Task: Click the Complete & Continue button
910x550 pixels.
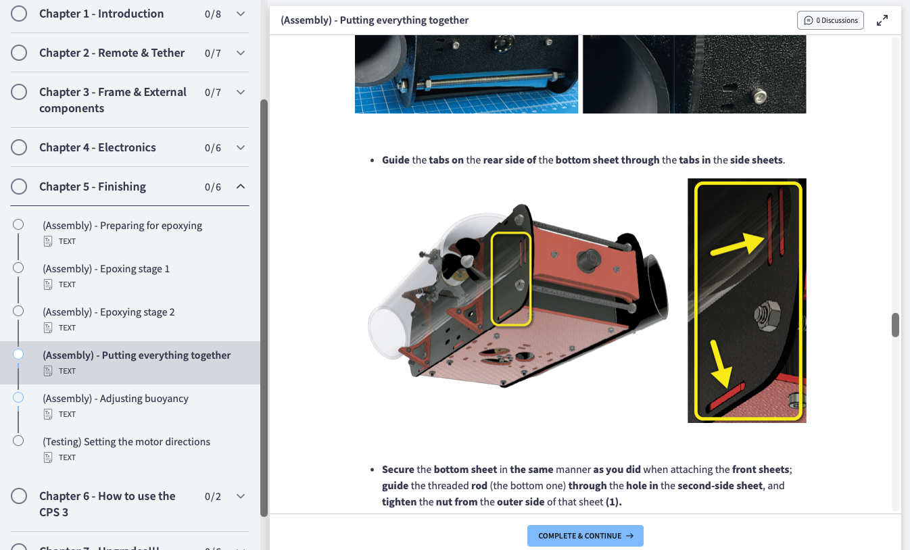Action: (585, 536)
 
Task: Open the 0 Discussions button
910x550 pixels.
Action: (830, 20)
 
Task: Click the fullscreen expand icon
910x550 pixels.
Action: (882, 20)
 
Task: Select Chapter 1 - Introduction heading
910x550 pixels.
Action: (101, 14)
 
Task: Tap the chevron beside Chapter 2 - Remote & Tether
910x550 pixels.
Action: (241, 53)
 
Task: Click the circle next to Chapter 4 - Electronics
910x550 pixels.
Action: (19, 147)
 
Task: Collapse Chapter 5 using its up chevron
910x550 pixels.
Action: (241, 186)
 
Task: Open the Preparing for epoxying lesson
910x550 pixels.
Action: (122, 225)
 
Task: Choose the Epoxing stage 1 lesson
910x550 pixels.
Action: (106, 269)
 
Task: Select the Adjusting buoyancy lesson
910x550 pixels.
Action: (116, 398)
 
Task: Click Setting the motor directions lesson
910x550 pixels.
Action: (126, 442)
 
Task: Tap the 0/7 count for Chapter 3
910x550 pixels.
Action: (213, 93)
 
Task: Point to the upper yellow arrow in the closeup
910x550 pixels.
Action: (738, 245)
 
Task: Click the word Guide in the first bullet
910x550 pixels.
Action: (396, 160)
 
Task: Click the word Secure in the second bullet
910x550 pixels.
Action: (398, 469)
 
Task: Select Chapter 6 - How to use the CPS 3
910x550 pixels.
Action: (107, 504)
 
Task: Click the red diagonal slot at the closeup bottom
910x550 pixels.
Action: (727, 396)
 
